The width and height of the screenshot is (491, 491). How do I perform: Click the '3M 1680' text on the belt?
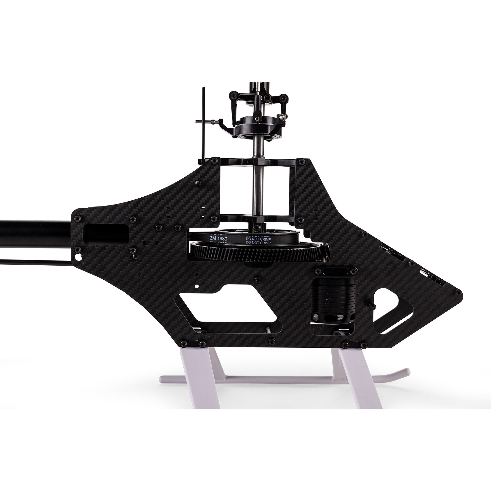point(219,239)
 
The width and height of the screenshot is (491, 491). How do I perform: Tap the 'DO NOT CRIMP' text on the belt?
point(258,239)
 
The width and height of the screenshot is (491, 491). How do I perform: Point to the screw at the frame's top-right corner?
point(302,161)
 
